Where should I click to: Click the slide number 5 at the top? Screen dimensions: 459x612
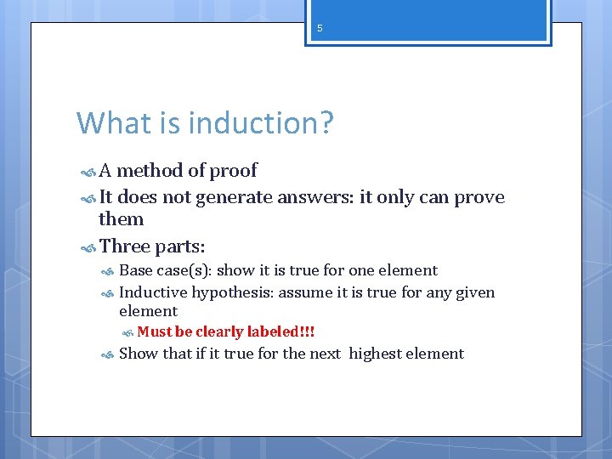coord(320,28)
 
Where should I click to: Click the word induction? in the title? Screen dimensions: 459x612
coord(261,123)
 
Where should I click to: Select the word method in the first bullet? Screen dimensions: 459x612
coord(150,171)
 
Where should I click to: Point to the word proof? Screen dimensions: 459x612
coord(233,171)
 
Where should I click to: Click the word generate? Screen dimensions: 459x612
coord(232,198)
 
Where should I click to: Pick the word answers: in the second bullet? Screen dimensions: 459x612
coord(314,198)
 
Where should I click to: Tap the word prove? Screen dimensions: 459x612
coord(479,198)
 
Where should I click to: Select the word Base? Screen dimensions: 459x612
coord(136,270)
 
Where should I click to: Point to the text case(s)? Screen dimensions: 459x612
coord(184,270)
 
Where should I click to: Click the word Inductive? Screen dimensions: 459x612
coord(153,292)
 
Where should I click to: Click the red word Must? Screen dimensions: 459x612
coord(154,331)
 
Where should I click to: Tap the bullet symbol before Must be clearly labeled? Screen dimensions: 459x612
coord(127,332)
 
